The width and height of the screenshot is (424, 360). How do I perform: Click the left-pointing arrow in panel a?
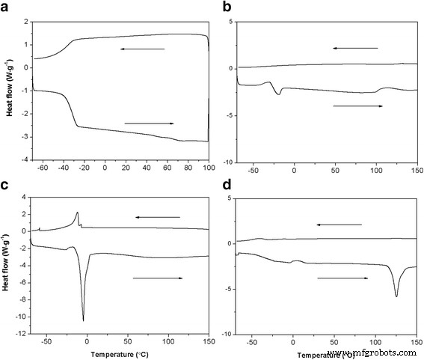141,49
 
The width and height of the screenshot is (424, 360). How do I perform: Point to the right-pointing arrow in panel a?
150,123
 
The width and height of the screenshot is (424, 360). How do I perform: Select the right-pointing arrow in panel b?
357,106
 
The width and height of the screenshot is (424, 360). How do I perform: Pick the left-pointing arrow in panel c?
158,217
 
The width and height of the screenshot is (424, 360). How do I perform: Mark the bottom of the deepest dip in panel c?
83,320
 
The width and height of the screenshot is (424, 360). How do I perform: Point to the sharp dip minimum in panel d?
396,296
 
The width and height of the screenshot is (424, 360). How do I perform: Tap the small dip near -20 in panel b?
279,94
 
